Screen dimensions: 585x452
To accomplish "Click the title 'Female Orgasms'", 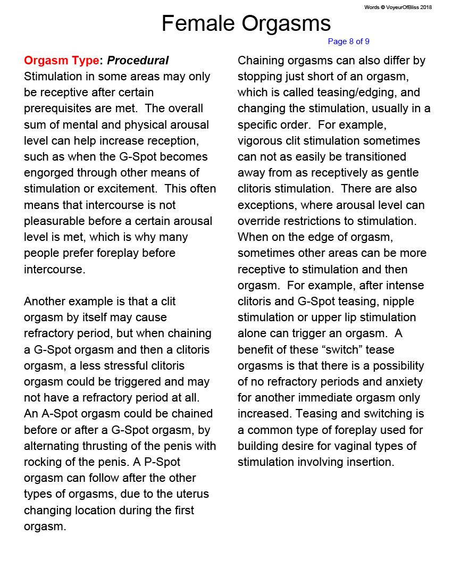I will point(246,23).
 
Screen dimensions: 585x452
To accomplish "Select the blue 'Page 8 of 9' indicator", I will point(348,41).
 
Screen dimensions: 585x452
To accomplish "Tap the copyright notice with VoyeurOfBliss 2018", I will point(398,7).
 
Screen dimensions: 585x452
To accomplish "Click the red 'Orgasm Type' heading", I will point(62,61).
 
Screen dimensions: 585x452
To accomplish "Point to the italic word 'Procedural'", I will point(138,61).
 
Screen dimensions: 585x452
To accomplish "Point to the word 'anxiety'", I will point(404,382).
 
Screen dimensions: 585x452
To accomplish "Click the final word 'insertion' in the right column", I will point(370,462).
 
